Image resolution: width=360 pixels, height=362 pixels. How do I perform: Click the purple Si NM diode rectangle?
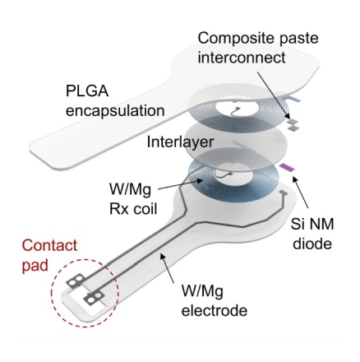point(287,167)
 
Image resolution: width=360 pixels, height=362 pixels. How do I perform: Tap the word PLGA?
point(87,90)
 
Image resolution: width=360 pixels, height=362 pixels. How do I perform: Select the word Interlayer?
point(180,142)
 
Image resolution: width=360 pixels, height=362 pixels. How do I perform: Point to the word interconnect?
point(242,58)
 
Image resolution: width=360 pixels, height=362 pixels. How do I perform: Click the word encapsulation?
point(115,111)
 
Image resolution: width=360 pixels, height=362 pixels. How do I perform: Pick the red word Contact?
point(49,245)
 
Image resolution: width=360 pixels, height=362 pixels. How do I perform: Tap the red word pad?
point(35,266)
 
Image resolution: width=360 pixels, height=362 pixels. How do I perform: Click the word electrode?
point(215,310)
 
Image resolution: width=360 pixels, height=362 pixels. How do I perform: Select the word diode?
point(312,244)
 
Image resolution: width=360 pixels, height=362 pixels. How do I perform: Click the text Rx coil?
point(133,209)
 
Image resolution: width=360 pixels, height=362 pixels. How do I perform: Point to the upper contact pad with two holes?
point(75,281)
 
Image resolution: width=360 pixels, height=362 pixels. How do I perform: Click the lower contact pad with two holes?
point(95,298)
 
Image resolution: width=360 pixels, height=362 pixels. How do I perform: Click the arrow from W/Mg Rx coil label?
point(180,184)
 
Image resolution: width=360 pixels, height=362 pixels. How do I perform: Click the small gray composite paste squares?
point(293,124)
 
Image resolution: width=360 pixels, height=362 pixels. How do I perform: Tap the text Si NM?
point(312,224)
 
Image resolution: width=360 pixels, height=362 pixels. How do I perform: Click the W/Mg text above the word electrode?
point(202,291)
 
